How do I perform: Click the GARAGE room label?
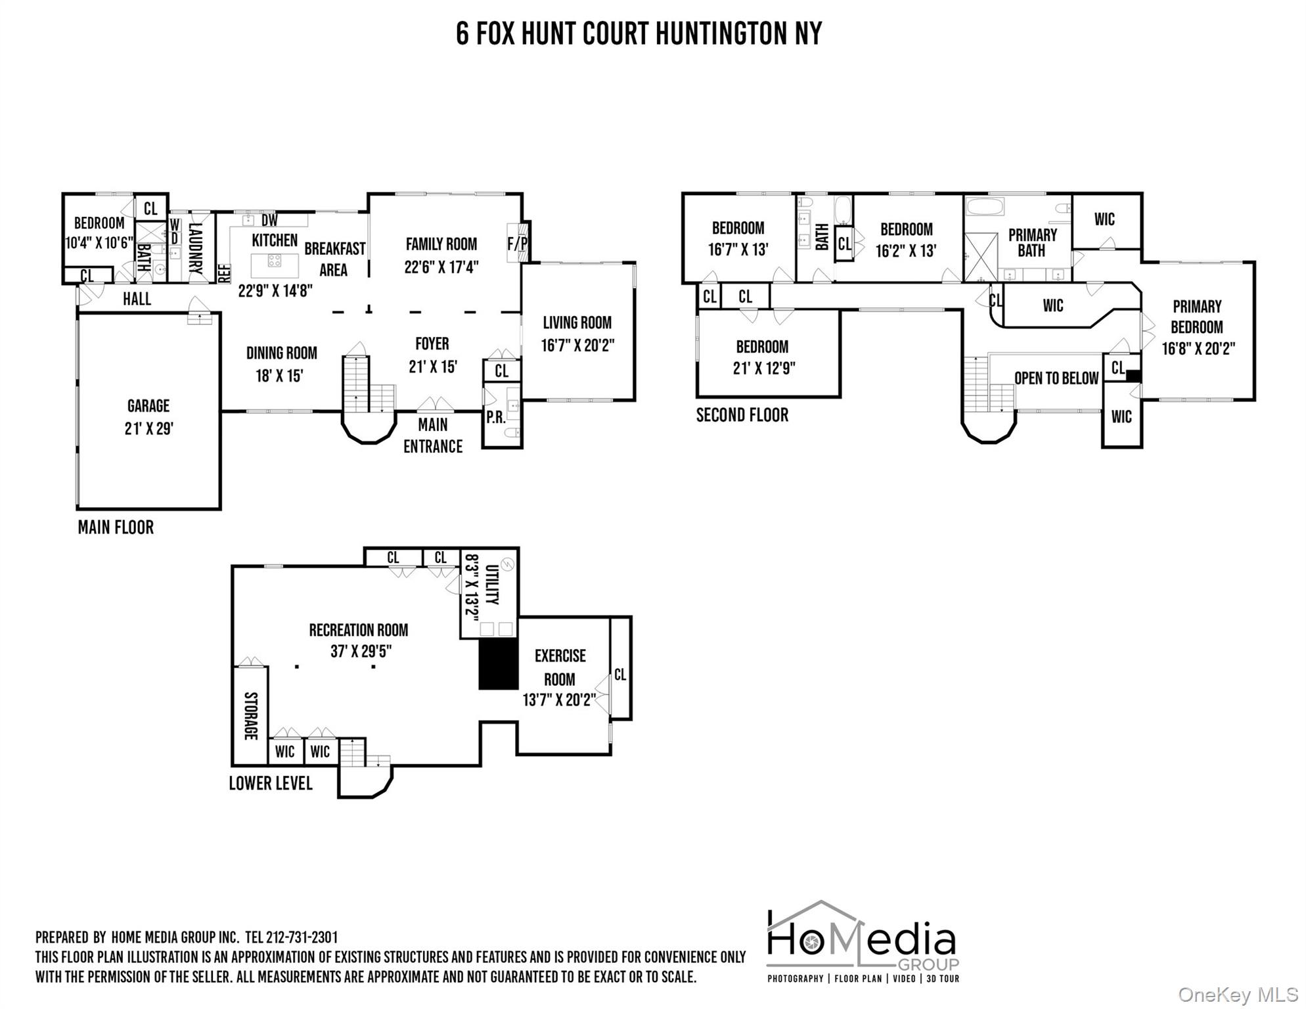pyautogui.click(x=148, y=406)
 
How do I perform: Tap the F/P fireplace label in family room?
pyautogui.click(x=518, y=244)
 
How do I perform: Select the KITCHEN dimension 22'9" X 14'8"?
pyautogui.click(x=275, y=291)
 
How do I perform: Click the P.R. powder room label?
pyautogui.click(x=496, y=418)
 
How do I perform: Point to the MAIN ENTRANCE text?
pyautogui.click(x=433, y=436)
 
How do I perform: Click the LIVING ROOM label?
pyautogui.click(x=577, y=323)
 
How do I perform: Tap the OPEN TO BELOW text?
pyautogui.click(x=1056, y=378)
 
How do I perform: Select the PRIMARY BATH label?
pyautogui.click(x=1032, y=242)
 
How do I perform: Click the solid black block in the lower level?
pyautogui.click(x=498, y=664)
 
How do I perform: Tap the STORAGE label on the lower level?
pyautogui.click(x=251, y=715)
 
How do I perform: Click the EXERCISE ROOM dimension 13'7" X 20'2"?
pyautogui.click(x=559, y=700)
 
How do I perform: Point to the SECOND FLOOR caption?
pyautogui.click(x=742, y=415)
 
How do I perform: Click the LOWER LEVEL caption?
pyautogui.click(x=270, y=784)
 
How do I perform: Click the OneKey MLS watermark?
pyautogui.click(x=1238, y=995)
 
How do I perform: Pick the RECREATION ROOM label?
pyautogui.click(x=359, y=631)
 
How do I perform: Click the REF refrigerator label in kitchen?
pyautogui.click(x=224, y=273)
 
